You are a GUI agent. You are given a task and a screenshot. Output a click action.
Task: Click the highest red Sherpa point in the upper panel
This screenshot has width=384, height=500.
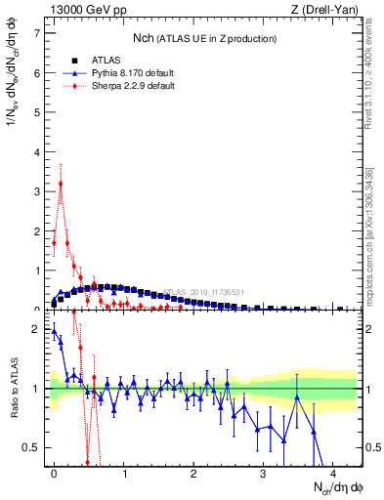(61, 184)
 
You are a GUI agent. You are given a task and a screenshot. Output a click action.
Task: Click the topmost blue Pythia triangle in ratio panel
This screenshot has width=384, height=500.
(54, 330)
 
